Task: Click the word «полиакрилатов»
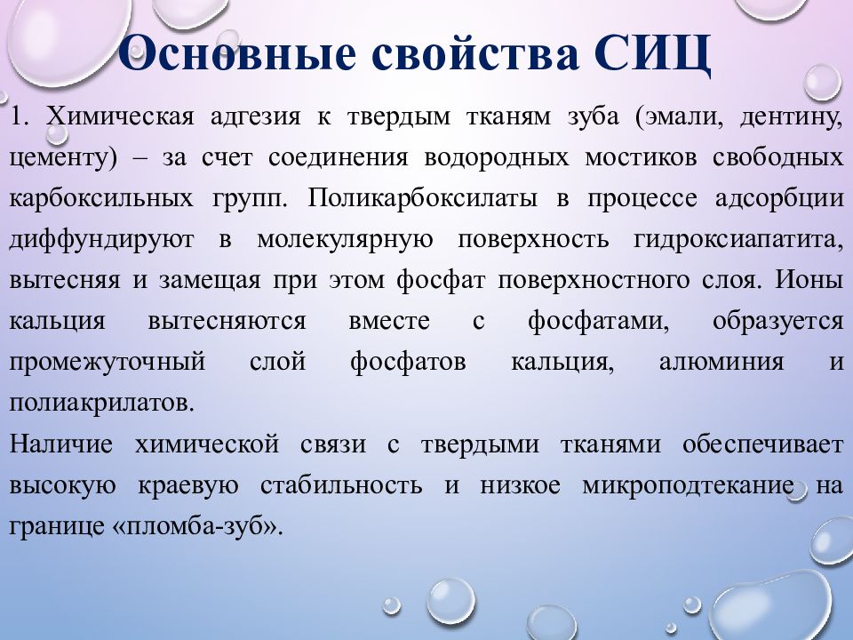tap(100, 403)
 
